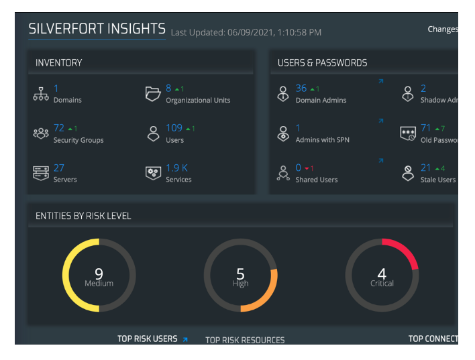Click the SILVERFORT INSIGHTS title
(x=97, y=29)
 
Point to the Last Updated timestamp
(x=246, y=32)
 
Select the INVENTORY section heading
(x=59, y=62)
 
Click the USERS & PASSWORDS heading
(x=322, y=62)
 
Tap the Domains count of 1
(x=56, y=88)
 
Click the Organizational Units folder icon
(x=153, y=94)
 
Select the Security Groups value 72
(x=59, y=128)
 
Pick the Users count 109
(x=174, y=128)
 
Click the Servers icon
(x=41, y=172)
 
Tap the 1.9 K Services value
(x=177, y=168)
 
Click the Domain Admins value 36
(x=301, y=88)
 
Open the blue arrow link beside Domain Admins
(x=380, y=82)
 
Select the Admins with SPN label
(x=322, y=139)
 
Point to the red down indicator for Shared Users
(x=311, y=168)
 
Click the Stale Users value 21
(x=426, y=168)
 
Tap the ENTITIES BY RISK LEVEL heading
(x=83, y=216)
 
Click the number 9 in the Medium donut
(x=99, y=273)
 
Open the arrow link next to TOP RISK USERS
(x=184, y=339)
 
